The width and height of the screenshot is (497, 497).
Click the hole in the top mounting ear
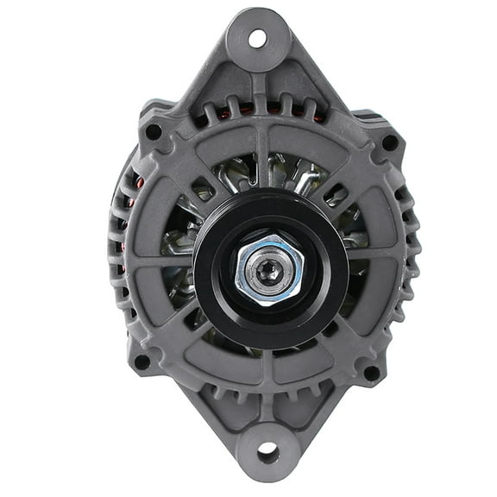coord(257,37)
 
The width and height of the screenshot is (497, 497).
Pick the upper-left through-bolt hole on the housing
coord(153,133)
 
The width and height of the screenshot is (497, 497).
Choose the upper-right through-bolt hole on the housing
coord(389,142)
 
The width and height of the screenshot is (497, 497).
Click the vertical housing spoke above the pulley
coord(260,160)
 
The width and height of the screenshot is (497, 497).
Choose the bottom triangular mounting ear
coord(267,431)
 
